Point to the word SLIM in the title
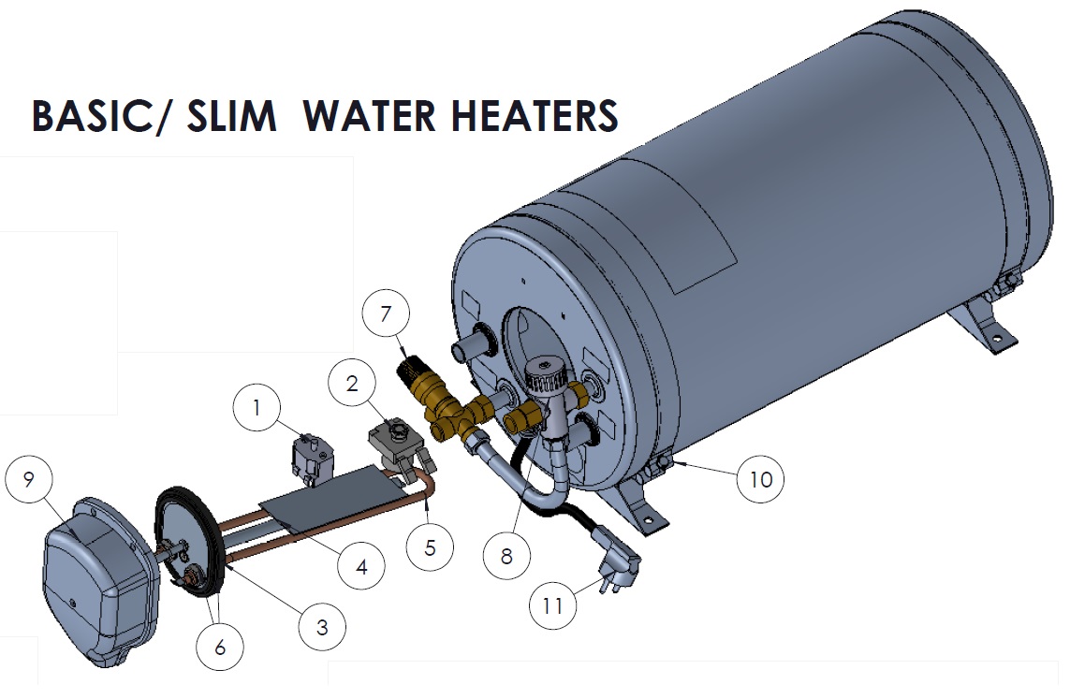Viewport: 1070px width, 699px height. pyautogui.click(x=232, y=116)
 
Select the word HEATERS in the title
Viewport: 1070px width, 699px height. pyautogui.click(x=535, y=116)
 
